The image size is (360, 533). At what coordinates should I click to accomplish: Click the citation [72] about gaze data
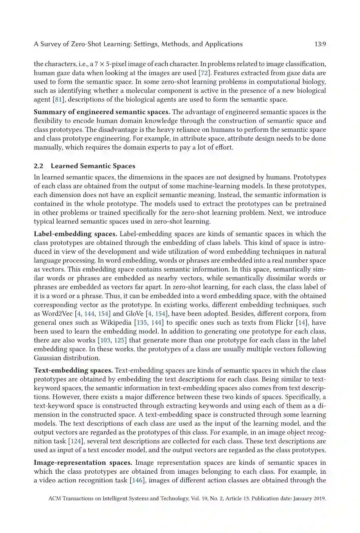click(x=205, y=73)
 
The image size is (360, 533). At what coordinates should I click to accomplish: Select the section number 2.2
click(x=38, y=166)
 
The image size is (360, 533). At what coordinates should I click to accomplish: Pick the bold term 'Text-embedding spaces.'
click(x=73, y=370)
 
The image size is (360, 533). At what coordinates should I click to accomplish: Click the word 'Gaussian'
click(x=46, y=358)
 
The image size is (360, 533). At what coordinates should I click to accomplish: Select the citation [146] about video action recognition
click(x=137, y=480)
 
